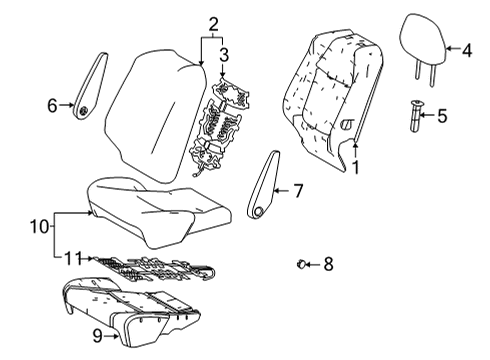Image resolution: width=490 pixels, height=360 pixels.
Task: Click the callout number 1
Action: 354,168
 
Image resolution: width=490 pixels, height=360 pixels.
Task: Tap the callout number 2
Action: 212,24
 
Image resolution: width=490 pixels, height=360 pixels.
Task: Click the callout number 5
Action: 442,116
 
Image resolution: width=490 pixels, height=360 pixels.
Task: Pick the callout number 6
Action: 53,103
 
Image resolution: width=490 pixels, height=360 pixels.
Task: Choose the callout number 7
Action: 296,188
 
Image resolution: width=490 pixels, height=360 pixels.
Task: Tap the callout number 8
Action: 329,264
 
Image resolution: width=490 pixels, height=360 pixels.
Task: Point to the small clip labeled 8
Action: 300,264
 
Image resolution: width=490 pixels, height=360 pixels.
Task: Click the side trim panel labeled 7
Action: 266,185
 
